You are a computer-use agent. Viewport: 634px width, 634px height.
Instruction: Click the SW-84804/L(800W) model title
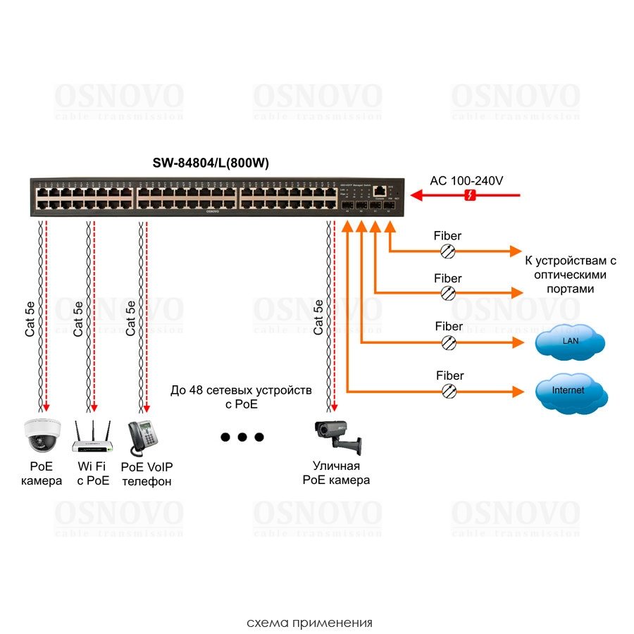pyautogui.click(x=211, y=163)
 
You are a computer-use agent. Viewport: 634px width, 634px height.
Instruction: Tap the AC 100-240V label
pyautogui.click(x=466, y=180)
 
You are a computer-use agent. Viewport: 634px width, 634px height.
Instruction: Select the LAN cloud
pyautogui.click(x=569, y=342)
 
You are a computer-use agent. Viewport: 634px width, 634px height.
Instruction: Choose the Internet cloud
pyautogui.click(x=569, y=390)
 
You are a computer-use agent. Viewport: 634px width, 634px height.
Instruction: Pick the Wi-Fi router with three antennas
pyautogui.click(x=93, y=437)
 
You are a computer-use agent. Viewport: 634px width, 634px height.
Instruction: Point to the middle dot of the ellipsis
pyautogui.click(x=242, y=437)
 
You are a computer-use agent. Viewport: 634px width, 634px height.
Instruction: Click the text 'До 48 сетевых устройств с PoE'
pyautogui.click(x=241, y=397)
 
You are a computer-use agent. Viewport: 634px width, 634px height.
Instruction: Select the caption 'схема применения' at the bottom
pyautogui.click(x=309, y=623)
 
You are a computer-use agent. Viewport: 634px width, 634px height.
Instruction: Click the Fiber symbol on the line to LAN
pyautogui.click(x=448, y=342)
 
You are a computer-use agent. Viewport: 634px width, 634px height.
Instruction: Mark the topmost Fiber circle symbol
pyautogui.click(x=447, y=251)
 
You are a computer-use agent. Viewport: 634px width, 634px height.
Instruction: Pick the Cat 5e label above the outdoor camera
pyautogui.click(x=318, y=316)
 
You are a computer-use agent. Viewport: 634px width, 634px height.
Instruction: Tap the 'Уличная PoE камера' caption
pyautogui.click(x=336, y=473)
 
